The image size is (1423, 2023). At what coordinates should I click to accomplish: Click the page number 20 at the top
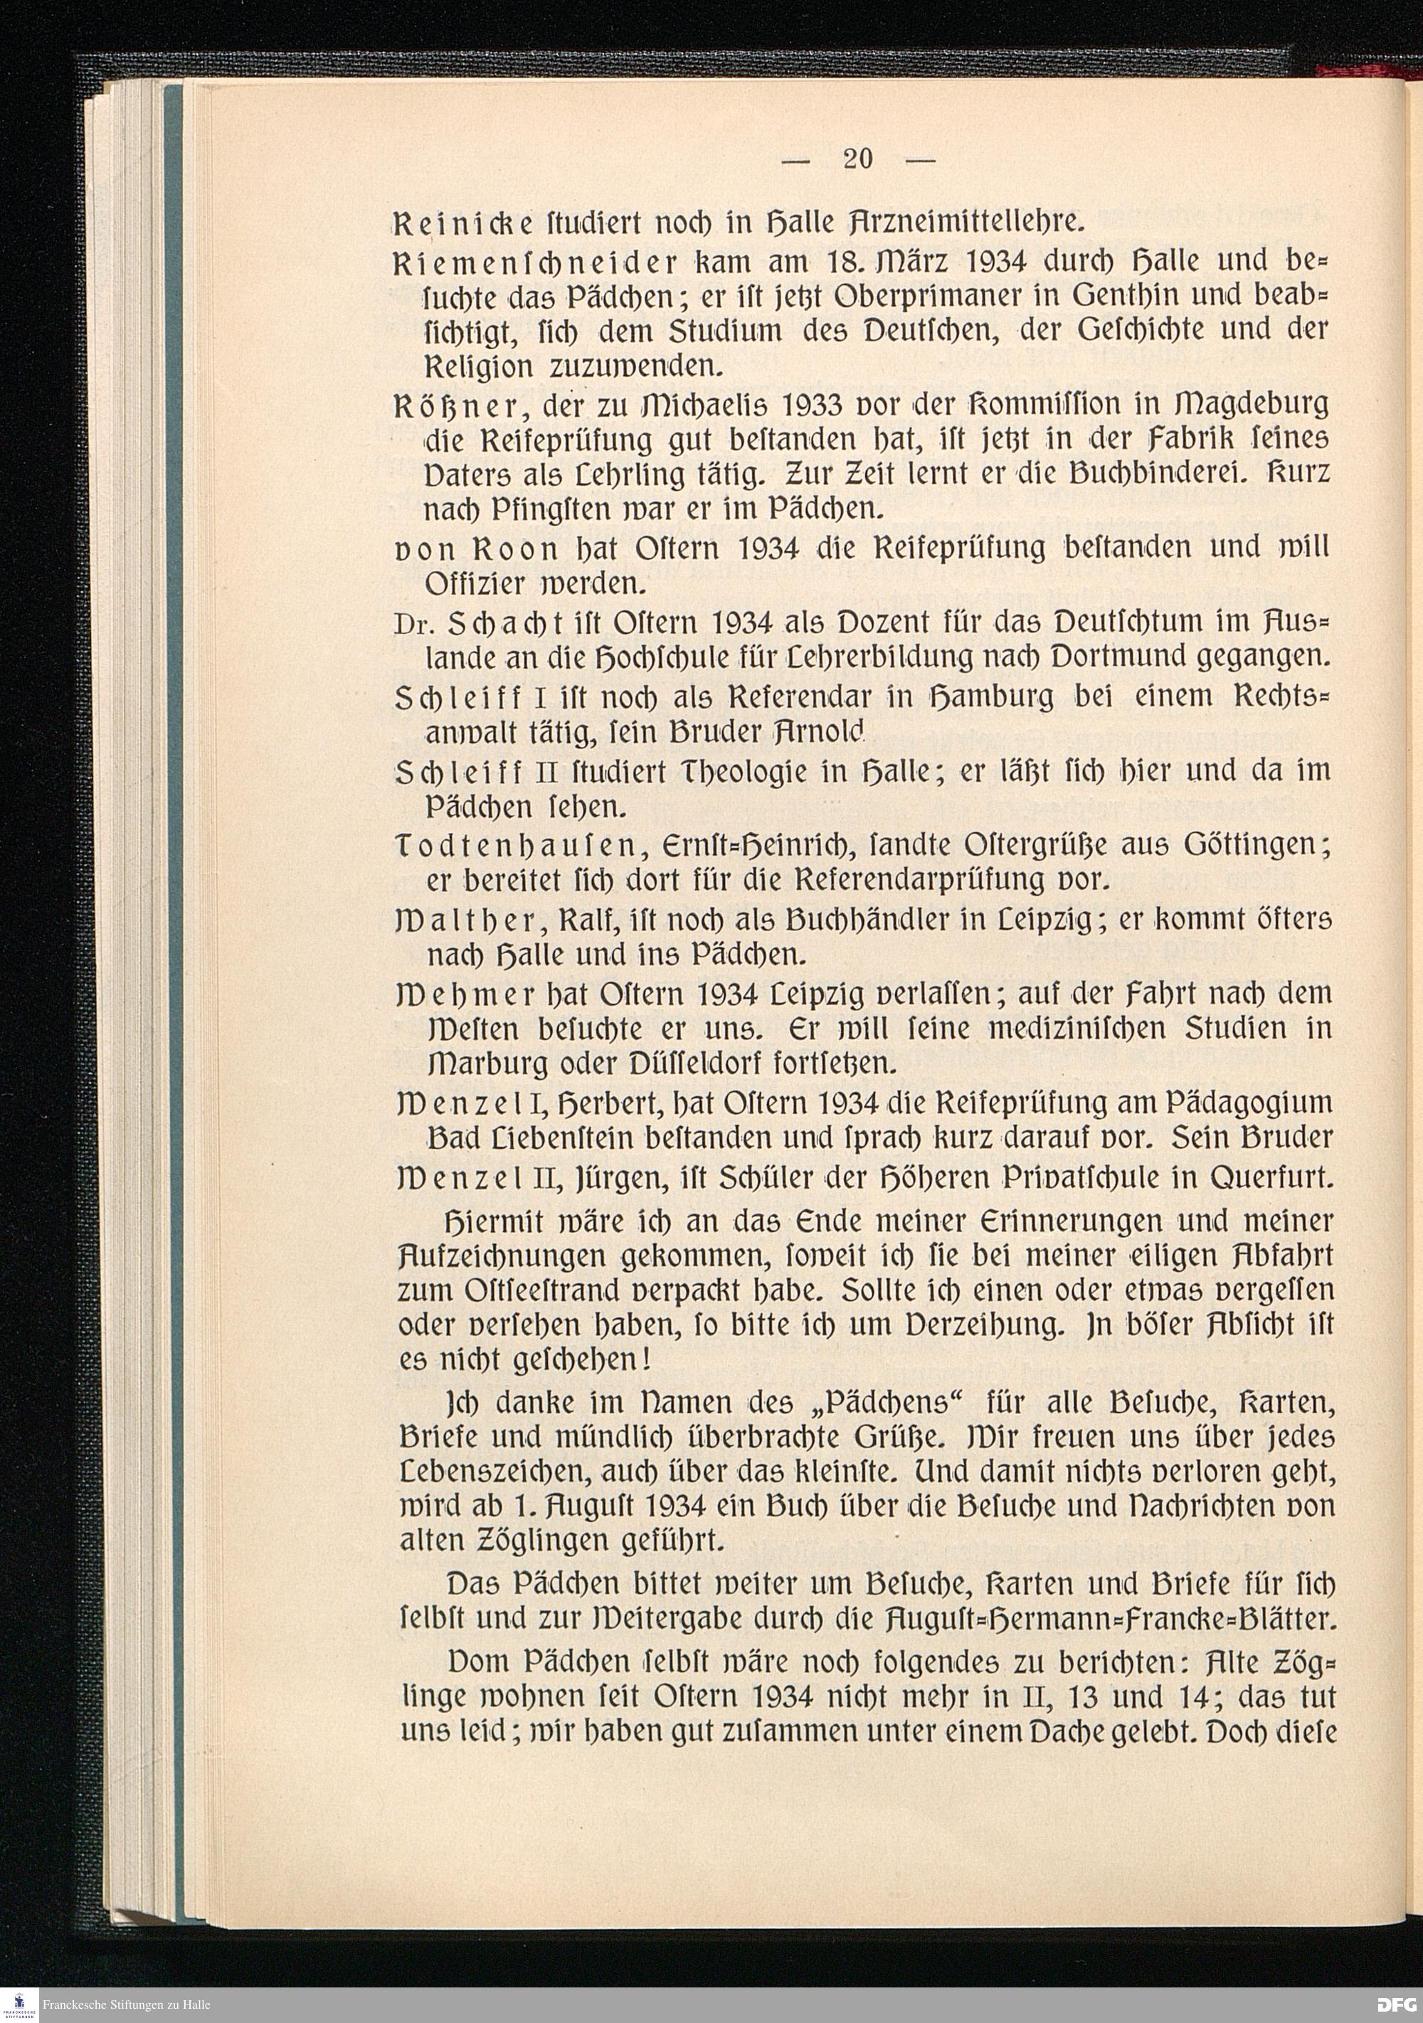857,159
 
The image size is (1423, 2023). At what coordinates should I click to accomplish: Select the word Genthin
1130,296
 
